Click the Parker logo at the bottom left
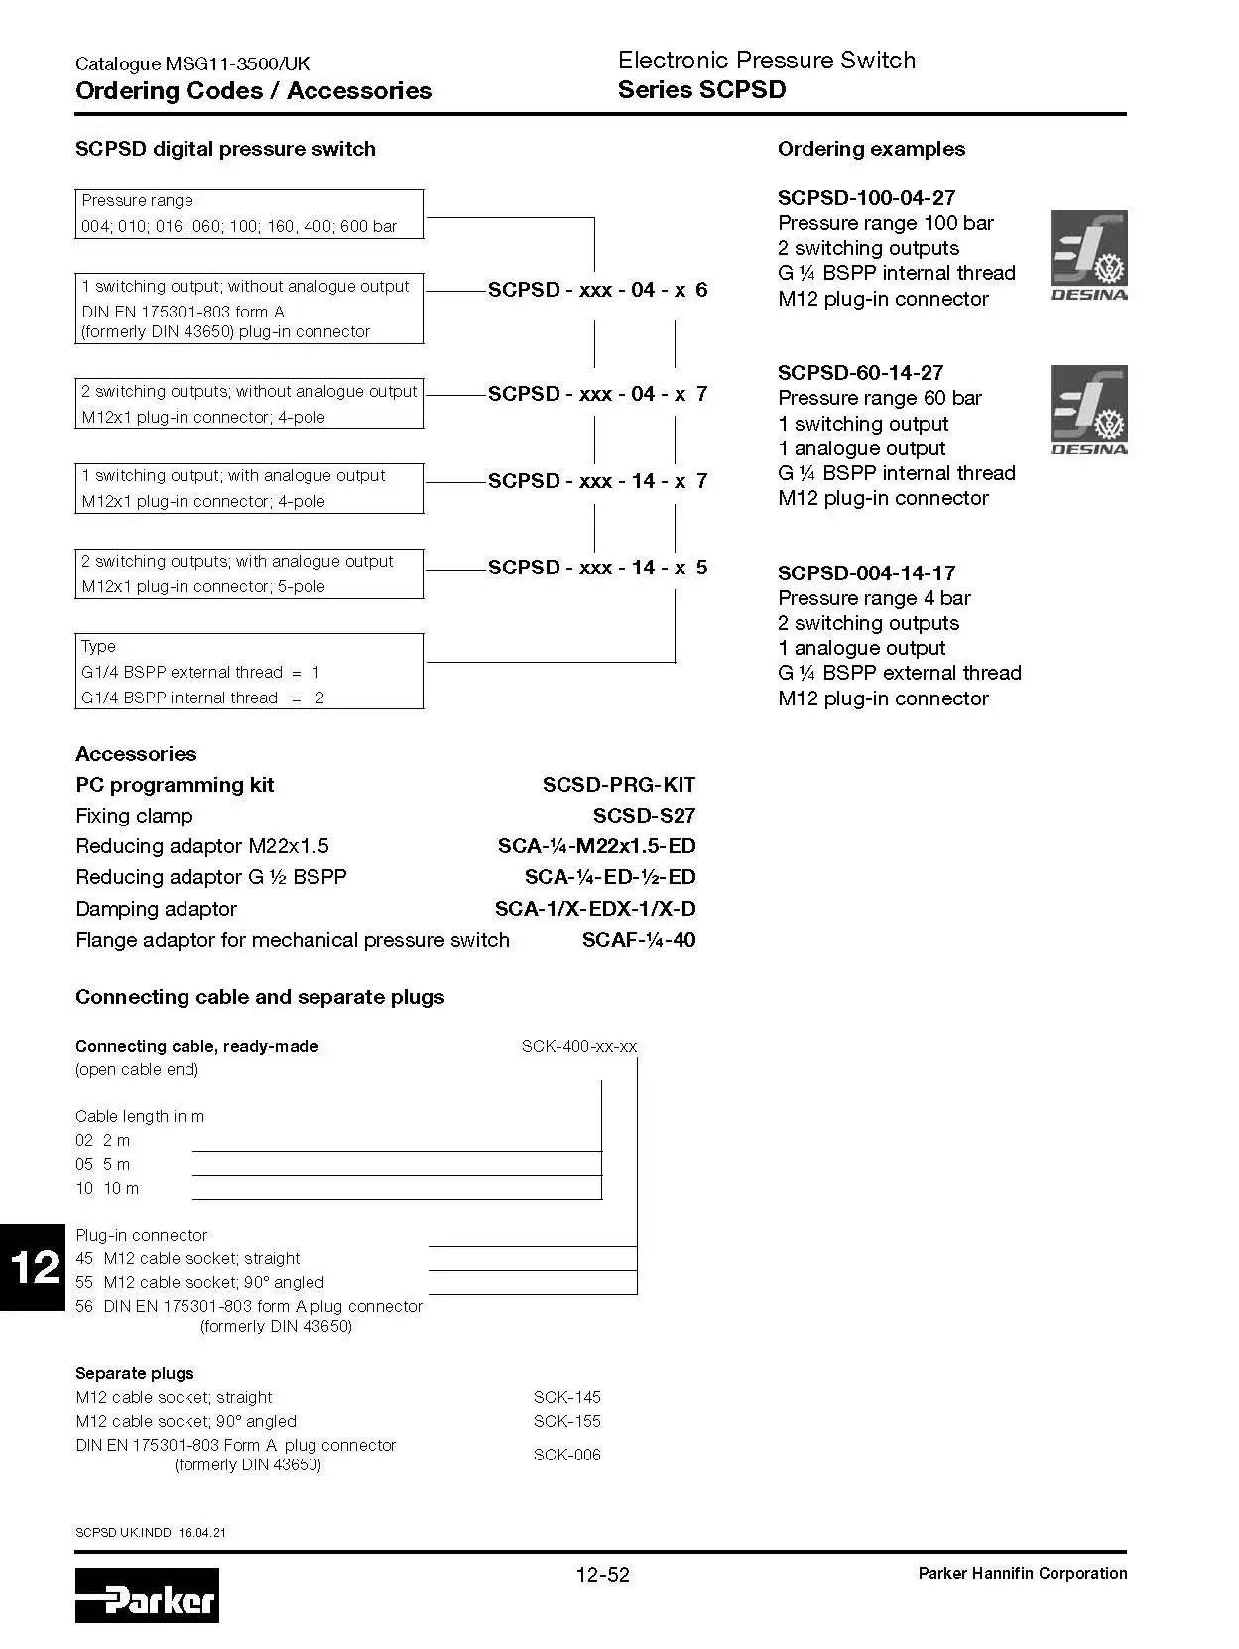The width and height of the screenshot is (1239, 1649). [x=147, y=1594]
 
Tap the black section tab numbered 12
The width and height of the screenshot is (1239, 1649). [x=33, y=1267]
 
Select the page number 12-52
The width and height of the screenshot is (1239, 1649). [x=602, y=1574]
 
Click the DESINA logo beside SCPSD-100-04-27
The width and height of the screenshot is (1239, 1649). [x=1088, y=255]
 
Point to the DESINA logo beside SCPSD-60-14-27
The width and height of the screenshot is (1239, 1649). [x=1088, y=410]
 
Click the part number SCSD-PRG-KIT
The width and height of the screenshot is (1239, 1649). [x=618, y=785]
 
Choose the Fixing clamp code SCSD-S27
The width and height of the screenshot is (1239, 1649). [x=644, y=816]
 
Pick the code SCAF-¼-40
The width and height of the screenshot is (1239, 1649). [x=638, y=940]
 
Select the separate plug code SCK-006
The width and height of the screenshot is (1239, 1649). [x=566, y=1455]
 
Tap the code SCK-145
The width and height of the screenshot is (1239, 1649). [x=566, y=1397]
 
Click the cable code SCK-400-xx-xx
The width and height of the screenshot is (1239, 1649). [x=579, y=1046]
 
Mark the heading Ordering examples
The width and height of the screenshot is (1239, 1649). [x=871, y=149]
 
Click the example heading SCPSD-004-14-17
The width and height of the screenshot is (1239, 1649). [x=866, y=573]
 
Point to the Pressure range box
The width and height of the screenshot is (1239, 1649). [x=249, y=213]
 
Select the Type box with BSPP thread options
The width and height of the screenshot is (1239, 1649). [x=249, y=672]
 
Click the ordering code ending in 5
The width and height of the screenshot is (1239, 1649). [x=597, y=568]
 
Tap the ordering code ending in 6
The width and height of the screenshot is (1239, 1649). [x=597, y=290]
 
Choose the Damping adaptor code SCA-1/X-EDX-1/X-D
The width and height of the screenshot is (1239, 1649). [x=595, y=909]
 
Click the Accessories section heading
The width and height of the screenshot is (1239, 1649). [x=136, y=754]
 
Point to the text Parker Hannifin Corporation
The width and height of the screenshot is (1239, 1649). [x=1022, y=1573]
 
